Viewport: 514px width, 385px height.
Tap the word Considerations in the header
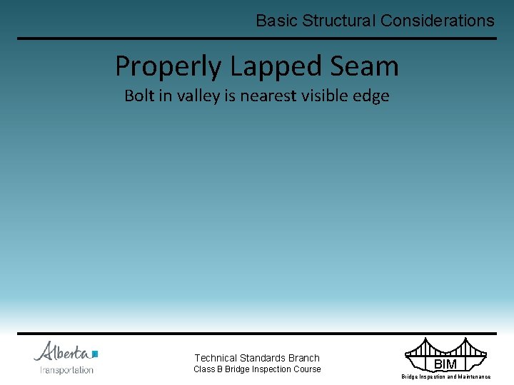pyautogui.click(x=437, y=21)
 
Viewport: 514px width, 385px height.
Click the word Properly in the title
pyautogui.click(x=168, y=67)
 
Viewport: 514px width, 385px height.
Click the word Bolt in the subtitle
pyautogui.click(x=139, y=96)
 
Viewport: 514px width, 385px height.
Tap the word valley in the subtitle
pyautogui.click(x=195, y=96)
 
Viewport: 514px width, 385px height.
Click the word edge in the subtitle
pyautogui.click(x=373, y=96)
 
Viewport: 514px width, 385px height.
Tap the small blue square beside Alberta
pyautogui.click(x=95, y=353)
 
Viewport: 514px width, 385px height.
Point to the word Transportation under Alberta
pyautogui.click(x=67, y=369)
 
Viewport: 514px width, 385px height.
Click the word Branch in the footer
pyautogui.click(x=303, y=358)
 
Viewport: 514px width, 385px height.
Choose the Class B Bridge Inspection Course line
pyautogui.click(x=257, y=369)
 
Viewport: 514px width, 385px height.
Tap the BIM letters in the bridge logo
pyautogui.click(x=445, y=365)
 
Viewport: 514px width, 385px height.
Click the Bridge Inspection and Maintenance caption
pyautogui.click(x=446, y=376)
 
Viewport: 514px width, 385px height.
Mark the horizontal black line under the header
pyautogui.click(x=257, y=38)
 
